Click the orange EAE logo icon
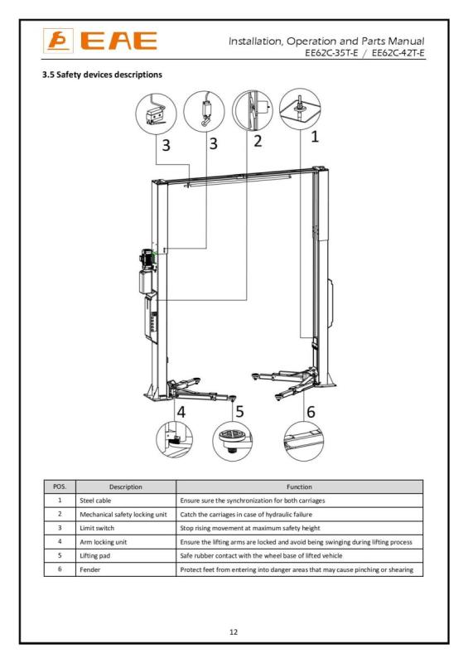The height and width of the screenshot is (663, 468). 58,41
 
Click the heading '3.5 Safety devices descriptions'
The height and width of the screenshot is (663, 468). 102,75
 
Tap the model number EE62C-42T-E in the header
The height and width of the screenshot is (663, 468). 398,53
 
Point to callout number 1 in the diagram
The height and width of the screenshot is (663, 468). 314,137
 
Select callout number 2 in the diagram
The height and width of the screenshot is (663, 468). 258,141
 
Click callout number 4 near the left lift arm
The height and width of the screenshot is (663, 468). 181,411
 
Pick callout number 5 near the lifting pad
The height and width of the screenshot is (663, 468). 239,411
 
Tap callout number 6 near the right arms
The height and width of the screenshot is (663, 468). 311,411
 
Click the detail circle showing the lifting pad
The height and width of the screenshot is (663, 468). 233,442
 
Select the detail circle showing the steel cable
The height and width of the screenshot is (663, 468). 300,109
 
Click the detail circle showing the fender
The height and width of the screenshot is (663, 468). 303,442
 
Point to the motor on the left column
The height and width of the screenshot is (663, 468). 147,259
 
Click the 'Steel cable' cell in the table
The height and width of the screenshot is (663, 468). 95,501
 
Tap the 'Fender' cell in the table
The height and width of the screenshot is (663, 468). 90,569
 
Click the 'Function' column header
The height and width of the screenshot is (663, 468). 299,487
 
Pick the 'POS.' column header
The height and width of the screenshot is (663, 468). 60,486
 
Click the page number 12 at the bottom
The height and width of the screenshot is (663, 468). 234,632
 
